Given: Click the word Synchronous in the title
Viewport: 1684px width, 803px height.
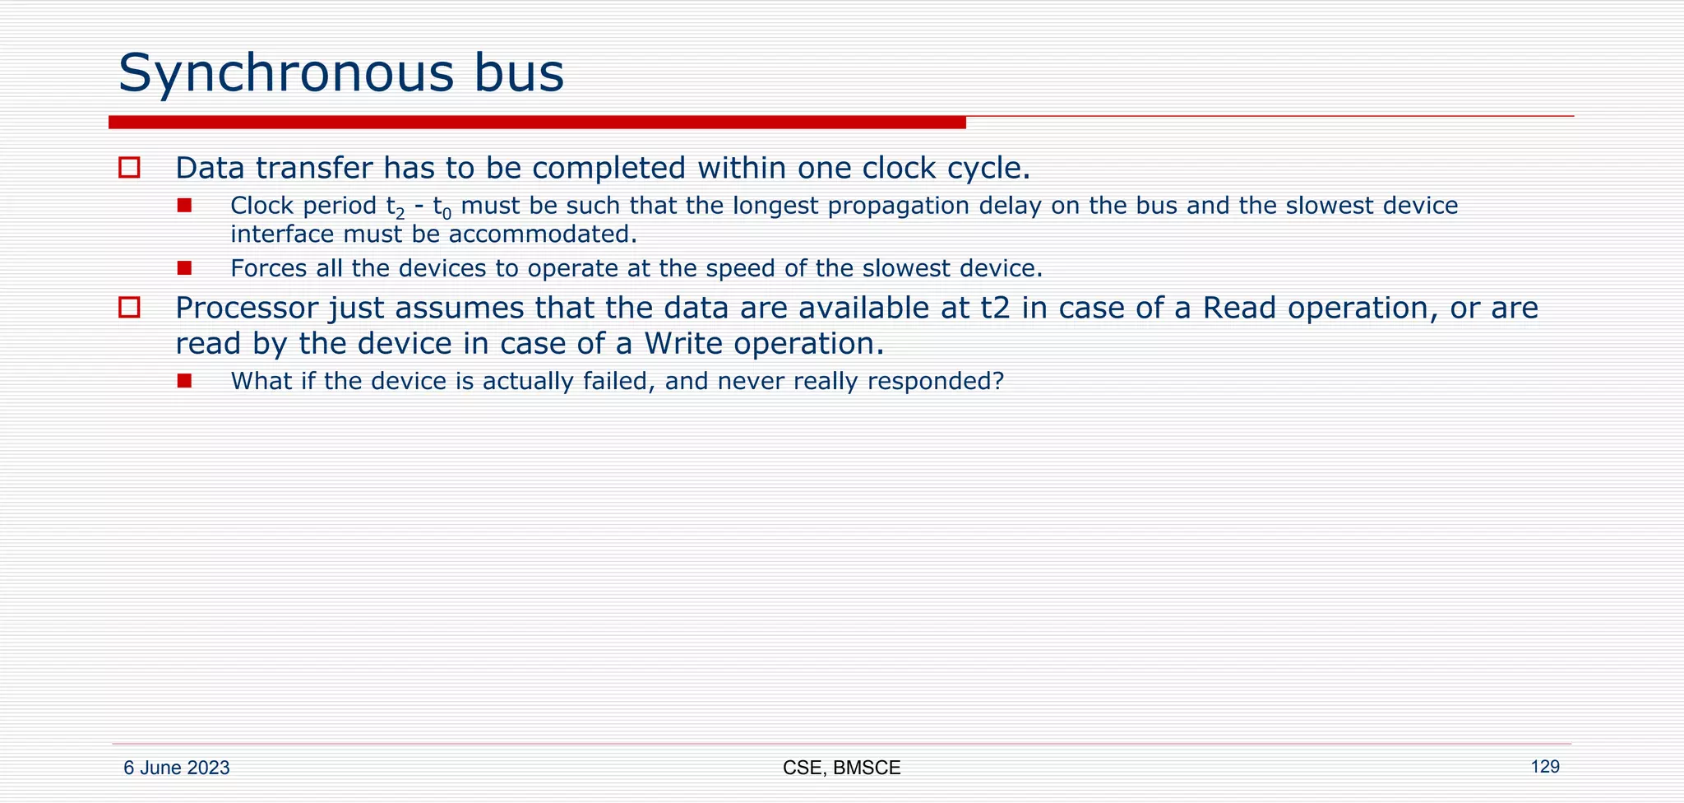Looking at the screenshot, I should tap(285, 74).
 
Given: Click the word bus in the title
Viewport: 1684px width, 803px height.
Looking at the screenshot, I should tap(517, 72).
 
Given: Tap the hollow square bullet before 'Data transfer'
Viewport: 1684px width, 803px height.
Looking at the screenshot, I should tap(129, 168).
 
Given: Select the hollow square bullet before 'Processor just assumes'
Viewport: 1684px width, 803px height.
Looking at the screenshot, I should tap(129, 308).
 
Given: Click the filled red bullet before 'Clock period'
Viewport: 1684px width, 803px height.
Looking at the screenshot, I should tap(184, 205).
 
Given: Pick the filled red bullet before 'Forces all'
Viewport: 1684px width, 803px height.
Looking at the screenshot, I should tap(184, 268).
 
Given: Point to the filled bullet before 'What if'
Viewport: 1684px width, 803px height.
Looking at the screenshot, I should tap(184, 381).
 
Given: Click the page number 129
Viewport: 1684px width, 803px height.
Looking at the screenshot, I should tap(1544, 767).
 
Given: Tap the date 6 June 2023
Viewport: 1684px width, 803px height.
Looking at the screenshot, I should tap(177, 768).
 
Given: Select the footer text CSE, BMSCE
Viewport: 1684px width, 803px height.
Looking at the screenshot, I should tap(841, 768).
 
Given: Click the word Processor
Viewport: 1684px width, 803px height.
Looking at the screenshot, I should tap(246, 309).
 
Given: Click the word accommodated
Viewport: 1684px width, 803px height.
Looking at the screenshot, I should tap(542, 234).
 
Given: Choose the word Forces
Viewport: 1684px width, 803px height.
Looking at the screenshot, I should tap(269, 269).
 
